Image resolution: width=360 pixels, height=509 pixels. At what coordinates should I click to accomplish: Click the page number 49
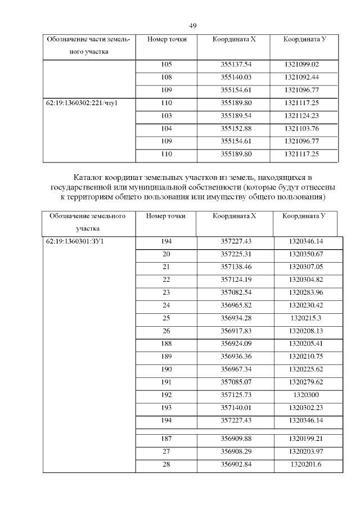(x=192, y=26)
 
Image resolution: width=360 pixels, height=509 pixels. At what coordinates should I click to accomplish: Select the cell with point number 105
(x=166, y=65)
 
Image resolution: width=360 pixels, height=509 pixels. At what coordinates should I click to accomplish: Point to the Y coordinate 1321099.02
(x=302, y=65)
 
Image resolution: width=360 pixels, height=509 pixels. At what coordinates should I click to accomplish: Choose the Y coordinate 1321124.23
(x=302, y=115)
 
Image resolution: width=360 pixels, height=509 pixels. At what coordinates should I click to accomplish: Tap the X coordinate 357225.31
(x=236, y=254)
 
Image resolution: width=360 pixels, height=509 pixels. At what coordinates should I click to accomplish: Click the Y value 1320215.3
(x=305, y=317)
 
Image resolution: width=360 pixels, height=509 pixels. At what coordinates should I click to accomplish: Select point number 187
(x=166, y=438)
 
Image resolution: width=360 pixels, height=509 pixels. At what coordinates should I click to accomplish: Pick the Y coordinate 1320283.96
(x=305, y=291)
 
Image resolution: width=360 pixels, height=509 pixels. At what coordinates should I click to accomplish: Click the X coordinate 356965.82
(x=236, y=304)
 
